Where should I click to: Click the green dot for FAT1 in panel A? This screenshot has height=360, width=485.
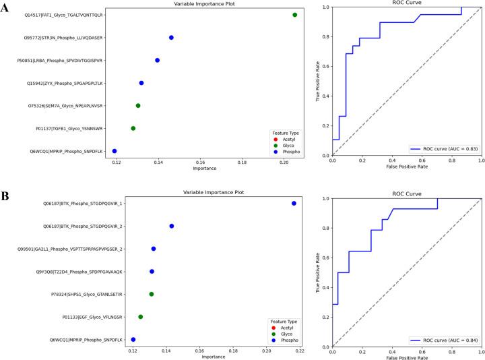[295, 15]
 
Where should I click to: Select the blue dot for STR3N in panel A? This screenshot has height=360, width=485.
[171, 38]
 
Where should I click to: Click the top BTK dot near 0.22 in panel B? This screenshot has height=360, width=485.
[294, 203]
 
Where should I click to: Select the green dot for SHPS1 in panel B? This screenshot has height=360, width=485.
[152, 294]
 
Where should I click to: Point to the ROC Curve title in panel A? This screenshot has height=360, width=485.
[407, 3]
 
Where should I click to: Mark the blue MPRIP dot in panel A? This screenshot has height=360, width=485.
[115, 151]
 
